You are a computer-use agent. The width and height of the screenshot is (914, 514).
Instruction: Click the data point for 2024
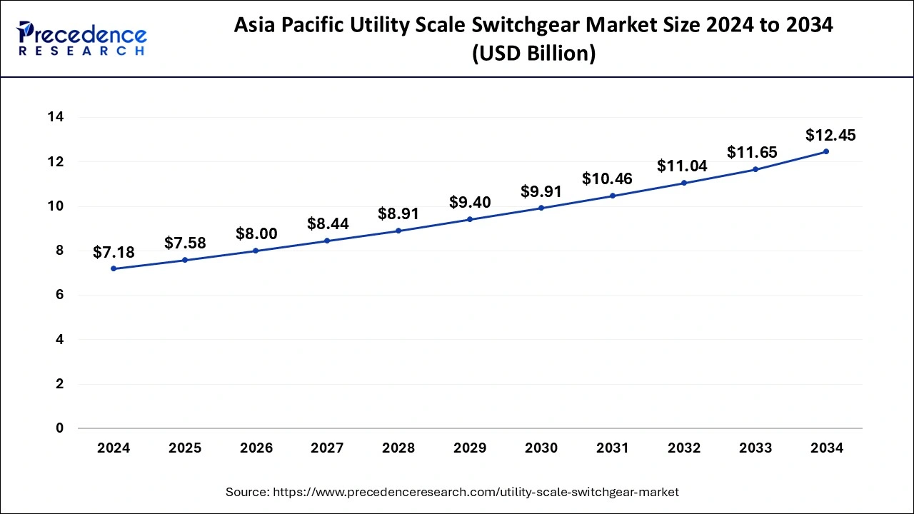[x=114, y=268]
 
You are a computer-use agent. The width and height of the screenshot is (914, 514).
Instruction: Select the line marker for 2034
[x=826, y=151]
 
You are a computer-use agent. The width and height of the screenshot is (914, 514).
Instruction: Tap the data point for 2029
[x=470, y=219]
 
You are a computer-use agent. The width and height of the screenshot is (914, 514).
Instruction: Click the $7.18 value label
[x=114, y=252]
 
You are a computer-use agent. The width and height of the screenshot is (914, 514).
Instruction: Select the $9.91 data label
[x=541, y=191]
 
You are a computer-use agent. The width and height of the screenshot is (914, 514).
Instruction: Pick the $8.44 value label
[x=328, y=224]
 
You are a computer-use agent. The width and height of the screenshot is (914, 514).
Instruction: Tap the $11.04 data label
[x=683, y=166]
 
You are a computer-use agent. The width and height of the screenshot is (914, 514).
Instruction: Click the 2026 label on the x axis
[x=256, y=448]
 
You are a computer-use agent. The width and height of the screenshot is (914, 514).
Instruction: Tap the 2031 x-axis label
[x=613, y=448]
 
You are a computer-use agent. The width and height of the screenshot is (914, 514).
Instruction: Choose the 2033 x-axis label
[x=755, y=448]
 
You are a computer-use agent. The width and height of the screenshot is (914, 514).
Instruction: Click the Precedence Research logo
[x=81, y=39]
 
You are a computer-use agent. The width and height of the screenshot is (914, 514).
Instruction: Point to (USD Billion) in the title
[x=533, y=54]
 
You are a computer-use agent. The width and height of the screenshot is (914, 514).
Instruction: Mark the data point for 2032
[x=683, y=183]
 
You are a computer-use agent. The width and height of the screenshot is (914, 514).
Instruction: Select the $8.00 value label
[x=256, y=233]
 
